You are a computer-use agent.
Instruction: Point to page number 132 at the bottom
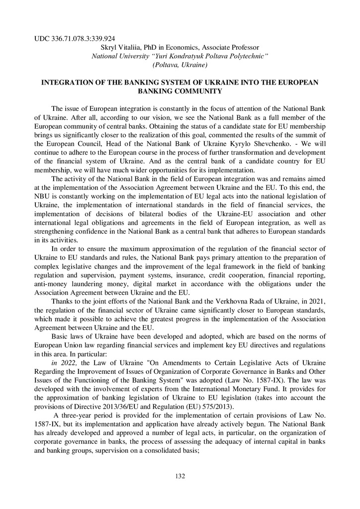[180, 476]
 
